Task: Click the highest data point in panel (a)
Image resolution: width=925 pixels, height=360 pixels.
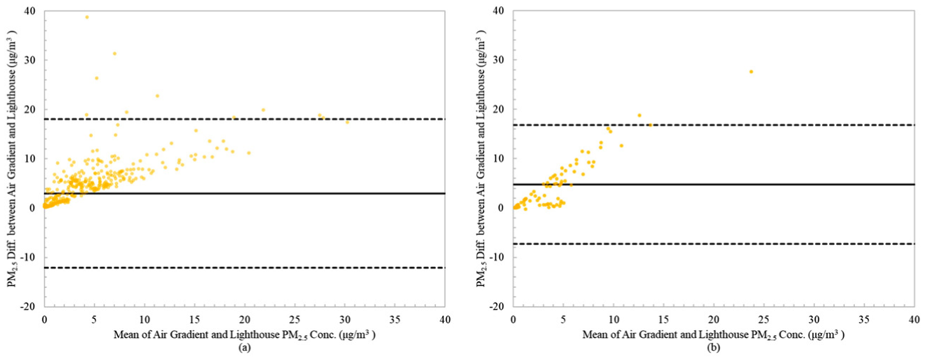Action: coord(87,17)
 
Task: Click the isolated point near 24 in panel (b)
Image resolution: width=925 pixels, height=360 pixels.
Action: coord(751,72)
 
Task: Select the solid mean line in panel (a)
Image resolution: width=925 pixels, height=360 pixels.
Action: coord(244,193)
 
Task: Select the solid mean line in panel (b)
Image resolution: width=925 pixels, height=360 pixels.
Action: coord(713,184)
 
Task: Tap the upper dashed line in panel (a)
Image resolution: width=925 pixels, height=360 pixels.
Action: coord(244,119)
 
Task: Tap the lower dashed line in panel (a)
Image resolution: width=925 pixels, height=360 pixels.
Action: coord(244,268)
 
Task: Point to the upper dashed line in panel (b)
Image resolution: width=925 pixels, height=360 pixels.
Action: coord(713,125)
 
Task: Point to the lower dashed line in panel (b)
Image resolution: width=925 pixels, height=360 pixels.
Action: coord(713,244)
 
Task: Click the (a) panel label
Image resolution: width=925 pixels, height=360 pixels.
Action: coord(244,348)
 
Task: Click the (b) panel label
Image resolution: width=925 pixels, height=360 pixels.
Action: coord(713,348)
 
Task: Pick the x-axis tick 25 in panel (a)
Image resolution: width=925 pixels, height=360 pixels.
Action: coord(295,320)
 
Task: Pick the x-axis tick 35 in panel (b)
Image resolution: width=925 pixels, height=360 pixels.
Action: coord(864,320)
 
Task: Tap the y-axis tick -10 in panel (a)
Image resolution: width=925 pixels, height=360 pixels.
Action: coord(31,257)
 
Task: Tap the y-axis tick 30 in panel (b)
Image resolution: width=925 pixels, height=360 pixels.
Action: coord(499,60)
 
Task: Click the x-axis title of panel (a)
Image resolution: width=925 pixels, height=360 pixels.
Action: coord(244,335)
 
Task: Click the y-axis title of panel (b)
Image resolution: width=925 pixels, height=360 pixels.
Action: coord(481,158)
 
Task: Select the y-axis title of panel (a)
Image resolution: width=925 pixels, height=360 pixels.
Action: coord(11,158)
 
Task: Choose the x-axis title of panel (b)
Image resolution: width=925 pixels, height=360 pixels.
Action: coord(713,335)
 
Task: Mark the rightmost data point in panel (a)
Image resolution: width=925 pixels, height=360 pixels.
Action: coord(347,122)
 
